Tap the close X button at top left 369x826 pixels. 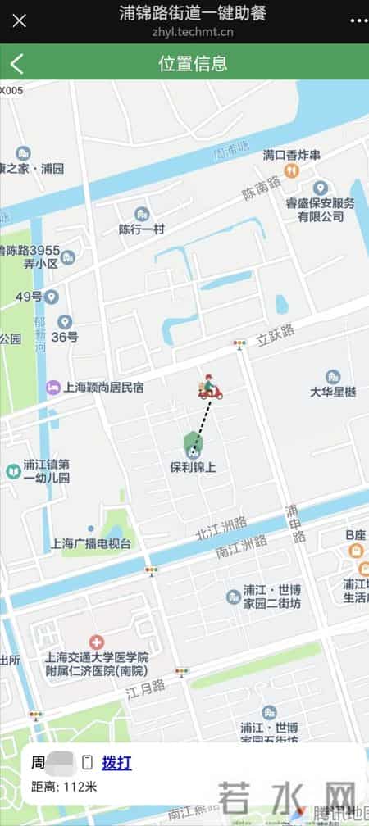[x=19, y=20]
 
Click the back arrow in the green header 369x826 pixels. [x=17, y=63]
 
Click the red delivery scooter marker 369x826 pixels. [x=210, y=387]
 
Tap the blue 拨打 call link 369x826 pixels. [x=116, y=764]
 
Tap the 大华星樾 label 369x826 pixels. [x=333, y=392]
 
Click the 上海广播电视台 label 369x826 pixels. [x=90, y=543]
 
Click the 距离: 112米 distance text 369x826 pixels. [x=64, y=787]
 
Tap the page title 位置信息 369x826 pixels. [x=193, y=64]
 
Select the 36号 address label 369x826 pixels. [x=65, y=336]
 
